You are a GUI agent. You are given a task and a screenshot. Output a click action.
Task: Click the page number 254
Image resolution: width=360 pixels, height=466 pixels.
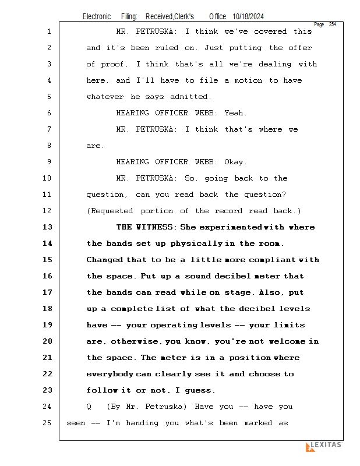[x=332, y=24]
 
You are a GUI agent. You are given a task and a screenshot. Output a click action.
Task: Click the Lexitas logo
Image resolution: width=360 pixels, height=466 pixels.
[x=323, y=446]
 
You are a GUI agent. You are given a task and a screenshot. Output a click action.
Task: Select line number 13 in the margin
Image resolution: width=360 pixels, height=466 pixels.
[x=48, y=227]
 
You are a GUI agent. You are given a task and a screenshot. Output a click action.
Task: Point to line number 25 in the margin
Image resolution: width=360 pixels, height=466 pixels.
[x=48, y=423]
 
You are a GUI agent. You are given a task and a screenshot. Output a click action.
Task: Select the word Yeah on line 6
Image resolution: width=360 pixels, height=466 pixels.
[x=235, y=113]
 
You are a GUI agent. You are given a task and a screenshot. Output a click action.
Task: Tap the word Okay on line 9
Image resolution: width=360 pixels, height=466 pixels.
[x=235, y=162]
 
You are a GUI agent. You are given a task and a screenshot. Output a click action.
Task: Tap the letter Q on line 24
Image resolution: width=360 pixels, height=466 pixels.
[x=89, y=407]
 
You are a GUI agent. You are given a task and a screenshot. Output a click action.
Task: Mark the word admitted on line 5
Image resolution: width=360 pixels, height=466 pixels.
[x=190, y=97]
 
